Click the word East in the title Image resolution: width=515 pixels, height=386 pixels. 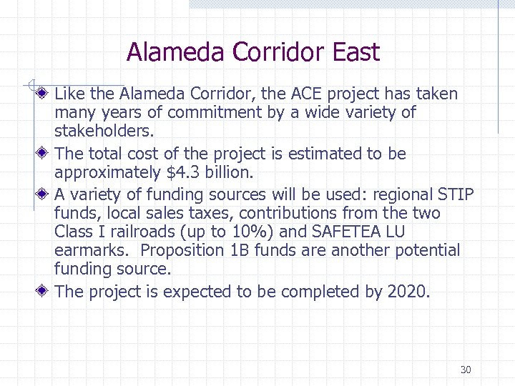[355, 52]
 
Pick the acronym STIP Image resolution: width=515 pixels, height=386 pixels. [456, 194]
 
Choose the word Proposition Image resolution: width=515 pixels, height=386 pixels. [181, 251]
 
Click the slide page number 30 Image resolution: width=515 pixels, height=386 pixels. [466, 370]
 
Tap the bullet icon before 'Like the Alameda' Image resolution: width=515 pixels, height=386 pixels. [44, 93]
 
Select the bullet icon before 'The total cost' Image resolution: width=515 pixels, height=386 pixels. [44, 153]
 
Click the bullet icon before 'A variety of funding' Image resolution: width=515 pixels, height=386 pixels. [44, 194]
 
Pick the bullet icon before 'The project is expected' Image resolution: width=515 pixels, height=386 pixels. [44, 291]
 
